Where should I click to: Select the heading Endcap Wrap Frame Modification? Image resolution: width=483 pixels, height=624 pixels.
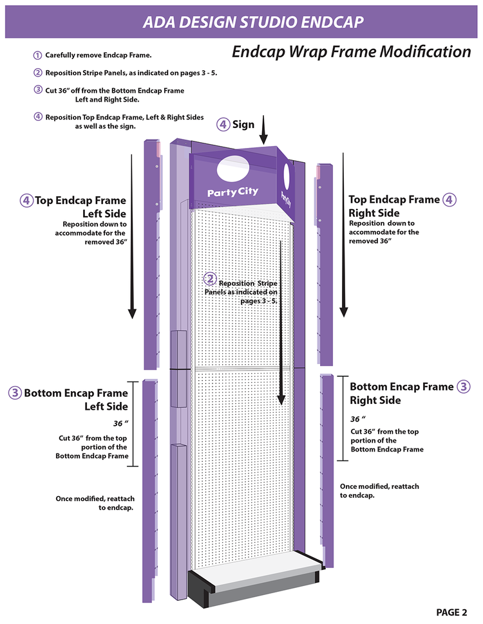(351, 51)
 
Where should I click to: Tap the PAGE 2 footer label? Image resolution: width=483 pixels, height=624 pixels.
(455, 612)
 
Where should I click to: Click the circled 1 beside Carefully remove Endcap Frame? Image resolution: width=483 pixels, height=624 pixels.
(38, 55)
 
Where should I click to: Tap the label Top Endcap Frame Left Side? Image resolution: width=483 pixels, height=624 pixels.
(80, 206)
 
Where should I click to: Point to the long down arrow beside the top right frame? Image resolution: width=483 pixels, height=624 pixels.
(343, 235)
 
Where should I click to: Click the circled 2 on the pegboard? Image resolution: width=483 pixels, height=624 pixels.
(210, 279)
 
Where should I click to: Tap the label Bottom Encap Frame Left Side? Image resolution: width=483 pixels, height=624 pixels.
(75, 399)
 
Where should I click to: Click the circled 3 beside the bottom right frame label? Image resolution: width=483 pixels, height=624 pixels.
(463, 387)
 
